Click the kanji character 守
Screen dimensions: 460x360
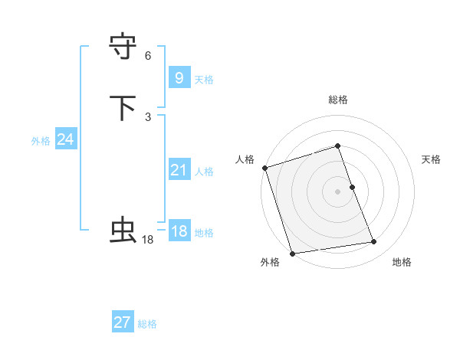point(123,47)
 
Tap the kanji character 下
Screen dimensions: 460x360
point(123,108)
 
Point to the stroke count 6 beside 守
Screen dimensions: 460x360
point(148,56)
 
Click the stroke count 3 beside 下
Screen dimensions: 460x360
point(148,116)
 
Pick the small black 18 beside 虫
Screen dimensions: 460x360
point(148,240)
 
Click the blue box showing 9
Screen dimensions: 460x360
point(179,78)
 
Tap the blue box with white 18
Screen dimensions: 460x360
point(179,232)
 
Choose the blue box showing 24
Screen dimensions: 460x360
point(65,139)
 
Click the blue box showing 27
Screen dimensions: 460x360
point(123,322)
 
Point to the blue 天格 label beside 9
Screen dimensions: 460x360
point(204,80)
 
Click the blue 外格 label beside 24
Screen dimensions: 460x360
point(41,141)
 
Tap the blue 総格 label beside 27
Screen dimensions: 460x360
point(147,324)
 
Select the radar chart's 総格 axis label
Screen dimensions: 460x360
point(338,100)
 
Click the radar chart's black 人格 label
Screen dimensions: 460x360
point(245,159)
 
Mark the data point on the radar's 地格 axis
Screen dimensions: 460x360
point(374,242)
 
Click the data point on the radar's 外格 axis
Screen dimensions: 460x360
point(292,253)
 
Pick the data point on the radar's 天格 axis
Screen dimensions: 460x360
point(352,187)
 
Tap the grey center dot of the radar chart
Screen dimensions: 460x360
point(338,191)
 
